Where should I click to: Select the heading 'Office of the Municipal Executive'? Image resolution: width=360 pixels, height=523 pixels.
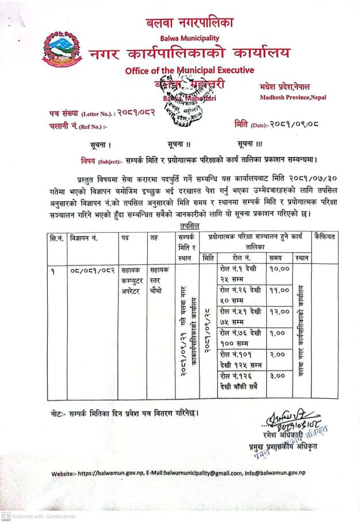(189, 71)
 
